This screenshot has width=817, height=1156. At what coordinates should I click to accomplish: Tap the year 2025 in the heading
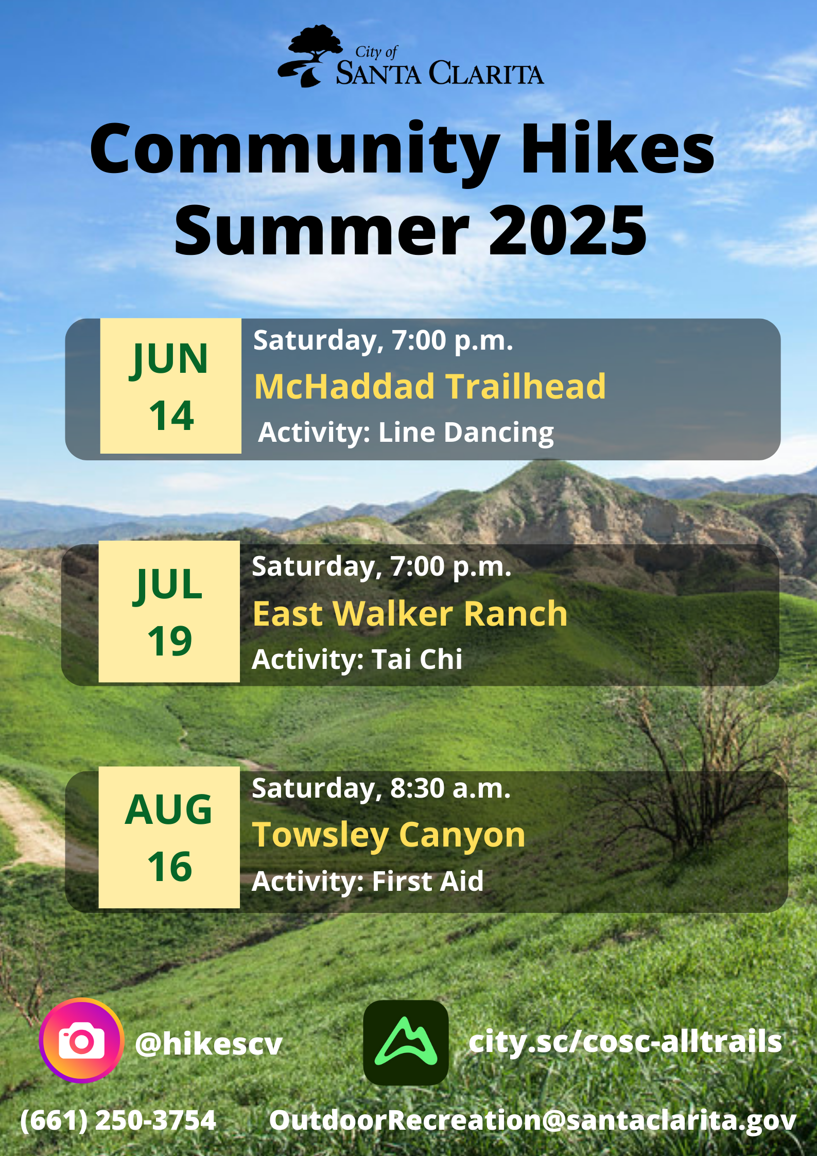pos(567,230)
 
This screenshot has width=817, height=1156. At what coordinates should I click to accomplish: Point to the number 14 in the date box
pos(171,416)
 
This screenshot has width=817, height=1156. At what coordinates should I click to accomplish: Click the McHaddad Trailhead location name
pos(430,386)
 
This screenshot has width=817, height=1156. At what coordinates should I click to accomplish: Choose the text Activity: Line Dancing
pos(406,433)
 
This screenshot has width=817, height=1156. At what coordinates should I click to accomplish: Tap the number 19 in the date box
pos(170,641)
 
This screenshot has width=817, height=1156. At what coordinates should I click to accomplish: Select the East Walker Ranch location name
pos(410,613)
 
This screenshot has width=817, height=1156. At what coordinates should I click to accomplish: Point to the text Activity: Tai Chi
pos(357,660)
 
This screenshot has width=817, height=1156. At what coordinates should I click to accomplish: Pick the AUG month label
pos(168,809)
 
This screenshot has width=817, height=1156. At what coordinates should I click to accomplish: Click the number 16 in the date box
pos(170,867)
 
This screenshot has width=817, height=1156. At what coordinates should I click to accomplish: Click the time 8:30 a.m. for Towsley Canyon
pos(450,788)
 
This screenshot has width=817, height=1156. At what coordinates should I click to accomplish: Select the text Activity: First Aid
pos(368,882)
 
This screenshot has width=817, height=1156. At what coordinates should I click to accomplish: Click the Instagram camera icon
pos(81,1041)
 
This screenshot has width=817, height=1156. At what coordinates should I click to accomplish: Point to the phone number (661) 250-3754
pos(118,1120)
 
